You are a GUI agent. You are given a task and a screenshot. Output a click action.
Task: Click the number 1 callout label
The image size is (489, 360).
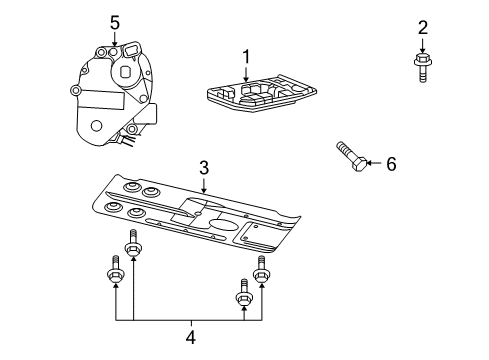(244, 56)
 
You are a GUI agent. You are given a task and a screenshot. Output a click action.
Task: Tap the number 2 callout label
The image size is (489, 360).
(422, 26)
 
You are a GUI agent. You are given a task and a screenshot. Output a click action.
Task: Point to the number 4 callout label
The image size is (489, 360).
(190, 337)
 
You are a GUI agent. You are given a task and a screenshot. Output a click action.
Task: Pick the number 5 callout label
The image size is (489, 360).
(114, 21)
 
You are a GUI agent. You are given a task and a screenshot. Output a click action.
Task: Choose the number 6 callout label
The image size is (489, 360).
(391, 163)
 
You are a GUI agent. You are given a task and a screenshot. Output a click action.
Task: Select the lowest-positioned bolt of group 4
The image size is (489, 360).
(242, 298)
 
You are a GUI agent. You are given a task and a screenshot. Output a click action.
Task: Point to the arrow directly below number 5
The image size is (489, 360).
(114, 40)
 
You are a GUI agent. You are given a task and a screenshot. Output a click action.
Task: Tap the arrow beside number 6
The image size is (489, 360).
(372, 163)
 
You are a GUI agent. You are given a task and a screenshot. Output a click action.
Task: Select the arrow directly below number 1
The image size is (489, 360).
(244, 73)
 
